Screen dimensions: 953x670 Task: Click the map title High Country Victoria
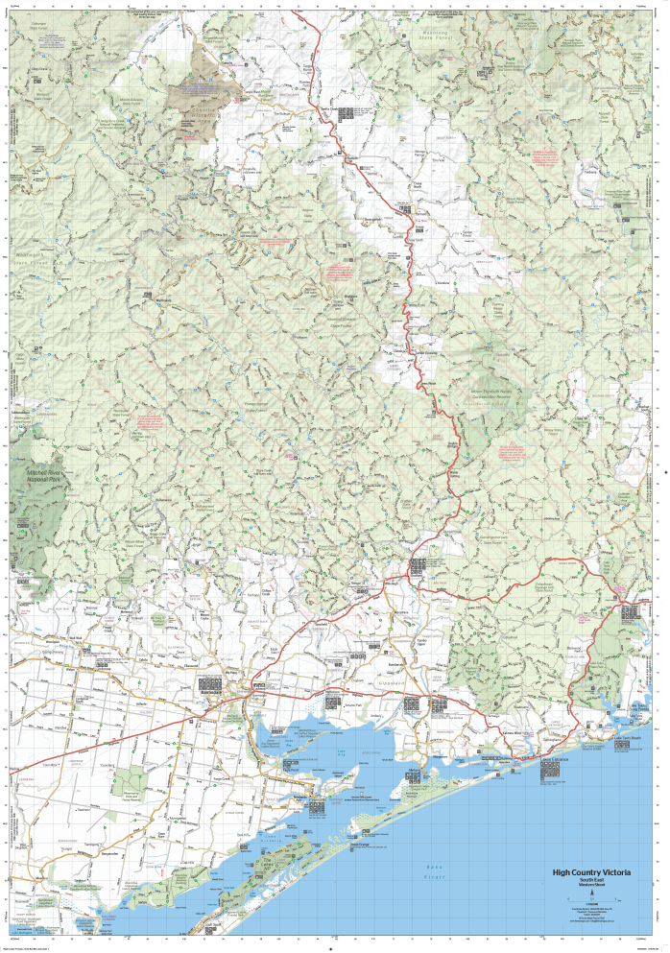pos(591,872)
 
